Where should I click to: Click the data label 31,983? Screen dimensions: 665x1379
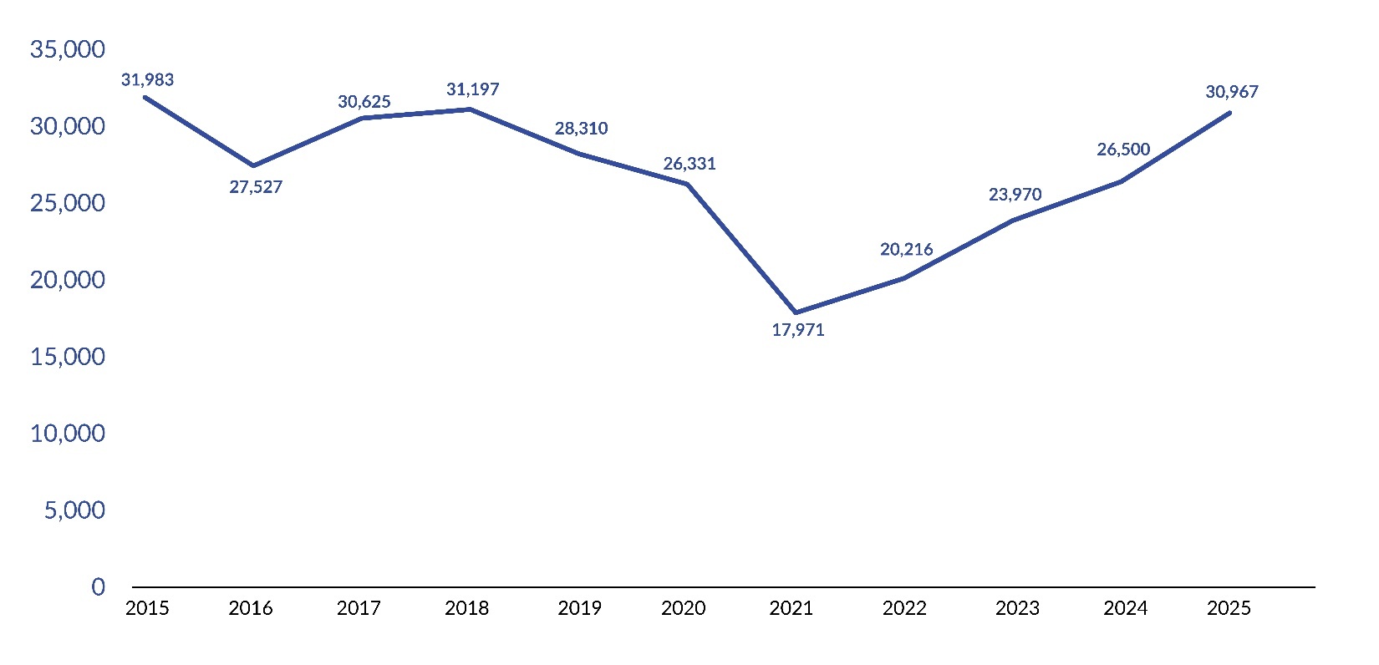(147, 80)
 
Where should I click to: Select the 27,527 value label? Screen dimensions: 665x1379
(256, 187)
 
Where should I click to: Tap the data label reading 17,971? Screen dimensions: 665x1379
(797, 330)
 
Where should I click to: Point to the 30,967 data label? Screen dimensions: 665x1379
(1231, 92)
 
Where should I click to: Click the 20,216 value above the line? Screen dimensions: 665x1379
(906, 250)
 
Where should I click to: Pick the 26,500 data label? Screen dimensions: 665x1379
(1123, 150)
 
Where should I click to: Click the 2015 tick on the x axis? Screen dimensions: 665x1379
(147, 608)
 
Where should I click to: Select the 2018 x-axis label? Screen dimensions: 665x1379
(467, 608)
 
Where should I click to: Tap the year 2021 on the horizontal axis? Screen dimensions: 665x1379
(791, 608)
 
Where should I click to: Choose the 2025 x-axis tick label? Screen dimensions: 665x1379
(1229, 608)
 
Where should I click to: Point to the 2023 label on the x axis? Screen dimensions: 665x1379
(1017, 608)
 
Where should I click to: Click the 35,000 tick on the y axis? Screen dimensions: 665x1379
(68, 49)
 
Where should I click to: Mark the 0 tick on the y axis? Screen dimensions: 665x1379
(99, 586)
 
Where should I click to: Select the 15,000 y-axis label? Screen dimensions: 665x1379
(68, 357)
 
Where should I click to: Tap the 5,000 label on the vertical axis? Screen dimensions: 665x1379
(75, 510)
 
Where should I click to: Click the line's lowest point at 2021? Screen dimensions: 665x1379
(796, 312)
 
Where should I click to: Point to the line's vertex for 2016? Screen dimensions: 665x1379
(254, 165)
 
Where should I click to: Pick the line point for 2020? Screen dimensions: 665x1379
(688, 184)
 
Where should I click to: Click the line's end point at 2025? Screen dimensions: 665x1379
(1229, 113)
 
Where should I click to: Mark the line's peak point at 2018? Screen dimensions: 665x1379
(471, 109)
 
